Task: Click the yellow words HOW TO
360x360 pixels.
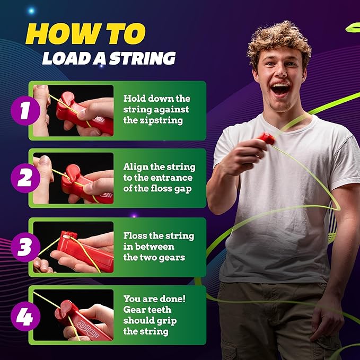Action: point(85,33)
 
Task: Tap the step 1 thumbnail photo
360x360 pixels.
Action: point(74,110)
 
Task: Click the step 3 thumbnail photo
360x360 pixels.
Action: point(74,247)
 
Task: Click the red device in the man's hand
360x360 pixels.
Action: point(266,139)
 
